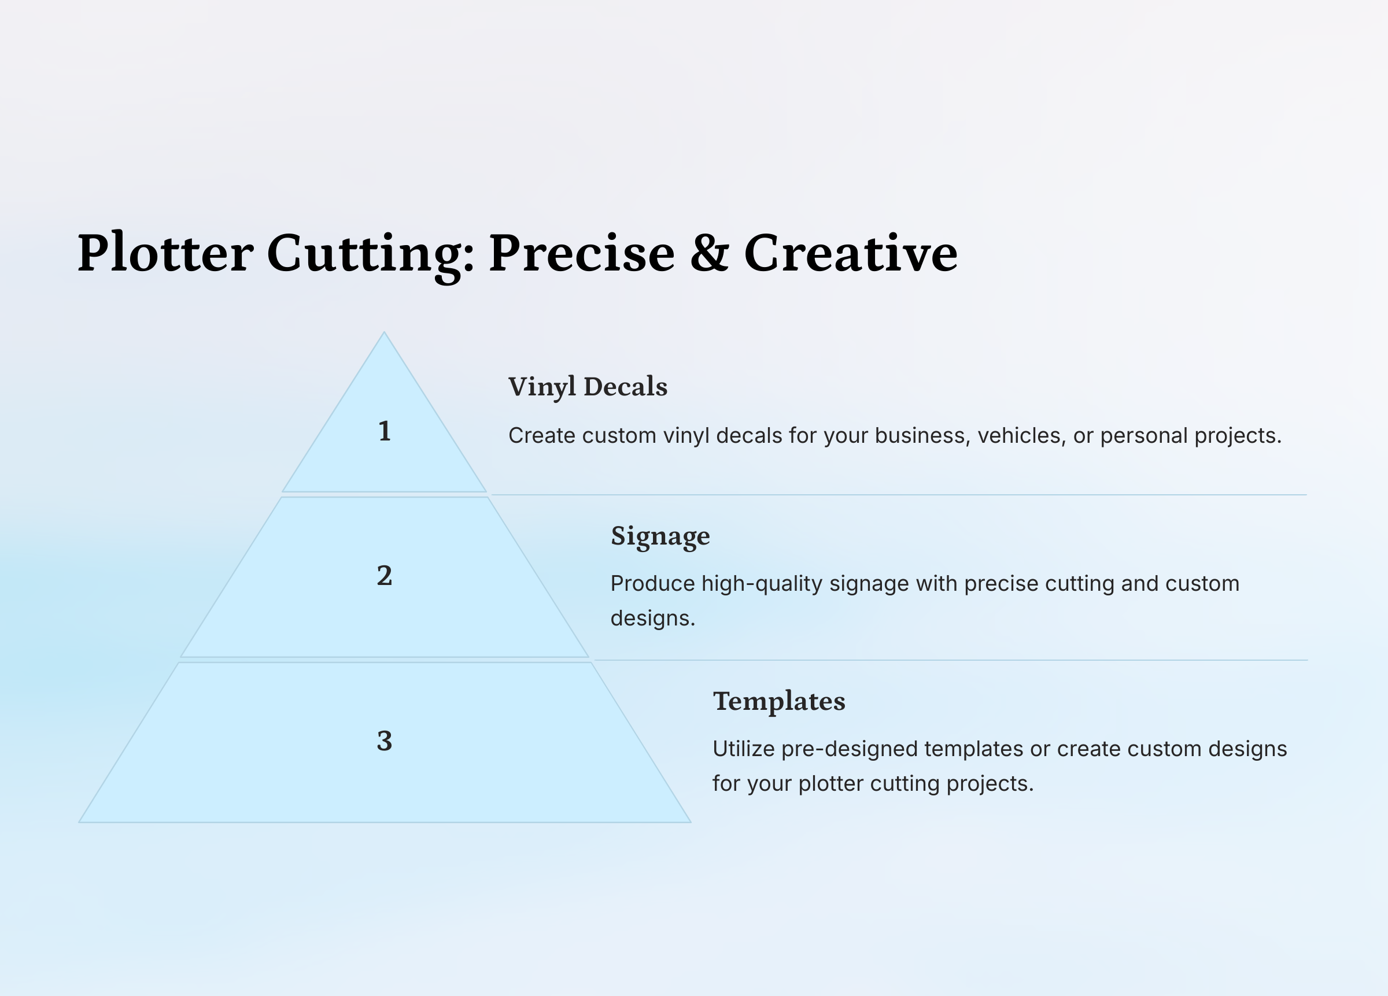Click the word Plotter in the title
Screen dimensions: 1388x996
click(165, 253)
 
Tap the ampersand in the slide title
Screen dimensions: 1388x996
click(709, 252)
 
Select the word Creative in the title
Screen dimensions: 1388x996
click(851, 253)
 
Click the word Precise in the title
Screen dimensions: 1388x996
click(581, 253)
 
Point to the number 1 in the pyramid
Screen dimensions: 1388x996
click(385, 431)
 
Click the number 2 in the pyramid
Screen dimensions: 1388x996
click(385, 576)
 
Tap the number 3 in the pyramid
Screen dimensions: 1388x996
click(385, 741)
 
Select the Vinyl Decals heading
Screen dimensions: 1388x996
click(588, 387)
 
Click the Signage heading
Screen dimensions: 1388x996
click(660, 536)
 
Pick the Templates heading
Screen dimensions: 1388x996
click(779, 702)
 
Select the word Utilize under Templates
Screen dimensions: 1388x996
click(744, 749)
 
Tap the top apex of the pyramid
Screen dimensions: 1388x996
click(385, 332)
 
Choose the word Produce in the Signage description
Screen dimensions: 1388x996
click(652, 584)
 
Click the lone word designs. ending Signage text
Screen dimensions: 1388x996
click(653, 619)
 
